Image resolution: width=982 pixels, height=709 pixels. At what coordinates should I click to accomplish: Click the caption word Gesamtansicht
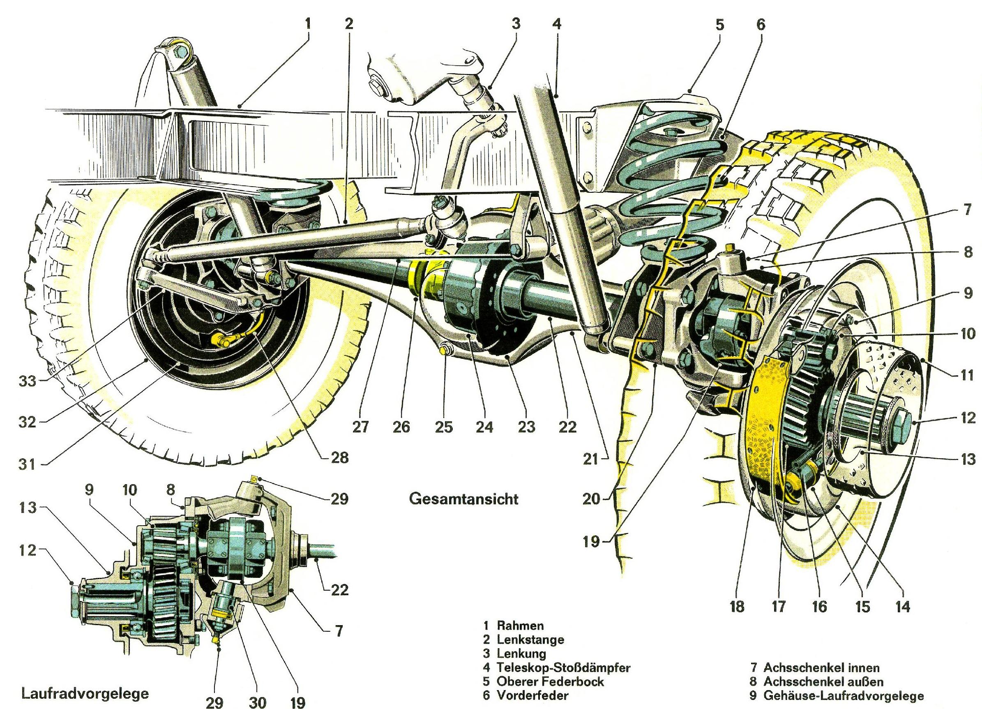point(463,499)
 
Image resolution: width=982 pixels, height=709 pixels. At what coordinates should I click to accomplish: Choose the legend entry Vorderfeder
point(532,695)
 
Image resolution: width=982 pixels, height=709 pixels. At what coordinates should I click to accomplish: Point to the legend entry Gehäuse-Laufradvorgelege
point(843,695)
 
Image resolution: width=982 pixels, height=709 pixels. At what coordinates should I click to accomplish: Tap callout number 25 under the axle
point(443,427)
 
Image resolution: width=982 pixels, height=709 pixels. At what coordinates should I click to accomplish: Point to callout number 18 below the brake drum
point(736,606)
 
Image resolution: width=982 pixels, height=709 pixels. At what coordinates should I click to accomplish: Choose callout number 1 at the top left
point(308,24)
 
